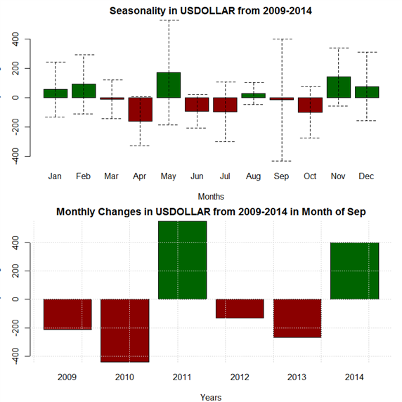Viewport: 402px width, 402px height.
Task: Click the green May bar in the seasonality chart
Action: (169, 85)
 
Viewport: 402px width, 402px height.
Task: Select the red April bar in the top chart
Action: (141, 109)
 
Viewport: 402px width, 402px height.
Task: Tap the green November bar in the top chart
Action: (339, 87)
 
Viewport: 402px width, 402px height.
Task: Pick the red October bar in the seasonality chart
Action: (310, 105)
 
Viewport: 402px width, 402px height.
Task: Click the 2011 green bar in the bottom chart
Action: (183, 260)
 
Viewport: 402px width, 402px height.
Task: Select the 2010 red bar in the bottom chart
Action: (125, 330)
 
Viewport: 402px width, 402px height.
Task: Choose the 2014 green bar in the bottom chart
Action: (355, 271)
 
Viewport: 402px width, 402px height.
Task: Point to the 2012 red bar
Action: (240, 309)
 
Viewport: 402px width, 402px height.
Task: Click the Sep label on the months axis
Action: (281, 176)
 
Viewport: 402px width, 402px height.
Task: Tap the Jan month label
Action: (55, 176)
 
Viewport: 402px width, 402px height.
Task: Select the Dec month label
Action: (366, 176)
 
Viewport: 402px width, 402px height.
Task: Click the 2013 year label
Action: (297, 377)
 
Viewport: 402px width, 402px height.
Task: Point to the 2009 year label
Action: (67, 377)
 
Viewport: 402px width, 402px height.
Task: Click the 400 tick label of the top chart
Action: (15, 39)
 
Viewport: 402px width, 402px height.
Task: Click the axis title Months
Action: (211, 197)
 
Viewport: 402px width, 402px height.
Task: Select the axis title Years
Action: (211, 397)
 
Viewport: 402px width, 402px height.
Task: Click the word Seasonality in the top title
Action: (138, 11)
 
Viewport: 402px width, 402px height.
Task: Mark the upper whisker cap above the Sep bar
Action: (282, 39)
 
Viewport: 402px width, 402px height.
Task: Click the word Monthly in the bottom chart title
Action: (76, 212)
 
